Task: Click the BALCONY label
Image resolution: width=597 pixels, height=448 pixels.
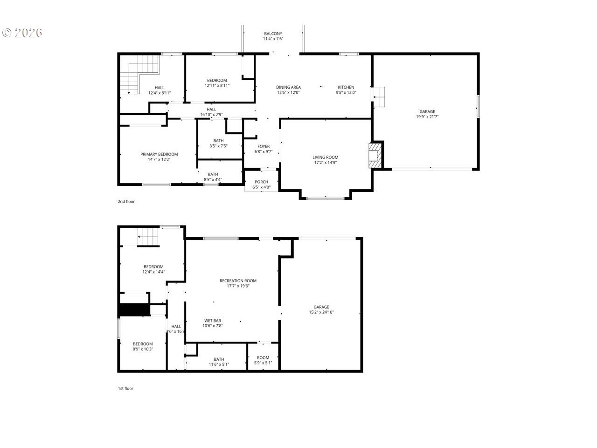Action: click(273, 34)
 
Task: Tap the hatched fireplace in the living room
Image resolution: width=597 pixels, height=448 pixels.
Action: click(375, 155)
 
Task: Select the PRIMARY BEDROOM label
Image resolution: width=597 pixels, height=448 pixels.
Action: click(159, 154)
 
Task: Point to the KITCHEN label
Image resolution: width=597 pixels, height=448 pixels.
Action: click(346, 87)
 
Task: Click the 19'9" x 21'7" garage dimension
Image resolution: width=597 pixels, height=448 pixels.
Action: click(427, 117)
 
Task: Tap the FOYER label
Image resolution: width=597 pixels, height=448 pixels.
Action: click(264, 147)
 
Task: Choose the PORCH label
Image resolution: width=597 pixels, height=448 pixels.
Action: click(261, 182)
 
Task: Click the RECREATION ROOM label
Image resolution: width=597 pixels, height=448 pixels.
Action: click(238, 281)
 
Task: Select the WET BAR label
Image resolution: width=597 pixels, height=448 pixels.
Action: click(212, 321)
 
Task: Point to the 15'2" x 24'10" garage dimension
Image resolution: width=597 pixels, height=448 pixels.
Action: click(321, 312)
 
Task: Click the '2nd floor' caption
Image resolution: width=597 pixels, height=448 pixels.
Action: click(126, 202)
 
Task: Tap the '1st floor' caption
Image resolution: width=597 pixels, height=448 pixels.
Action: click(125, 388)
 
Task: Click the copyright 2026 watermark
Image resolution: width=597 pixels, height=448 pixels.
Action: click(22, 33)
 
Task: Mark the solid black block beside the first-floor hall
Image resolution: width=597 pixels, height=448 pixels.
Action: click(135, 310)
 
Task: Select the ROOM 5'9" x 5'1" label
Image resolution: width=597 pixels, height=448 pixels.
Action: click(263, 360)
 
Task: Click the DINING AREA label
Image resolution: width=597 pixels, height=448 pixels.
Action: click(288, 87)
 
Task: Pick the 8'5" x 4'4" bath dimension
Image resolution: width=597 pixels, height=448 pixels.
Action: click(213, 180)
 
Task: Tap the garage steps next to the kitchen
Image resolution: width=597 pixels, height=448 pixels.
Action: click(379, 97)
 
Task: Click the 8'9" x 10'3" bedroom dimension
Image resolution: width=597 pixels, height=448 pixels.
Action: click(143, 349)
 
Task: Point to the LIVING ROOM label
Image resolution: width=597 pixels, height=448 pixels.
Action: click(325, 157)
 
